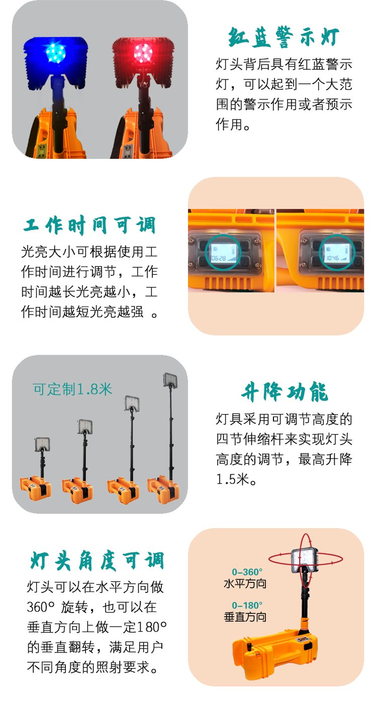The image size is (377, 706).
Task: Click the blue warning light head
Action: pyautogui.click(x=55, y=62)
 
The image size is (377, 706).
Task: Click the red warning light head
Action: pyautogui.click(x=143, y=62)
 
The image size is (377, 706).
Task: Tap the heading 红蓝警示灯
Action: pyautogui.click(x=284, y=37)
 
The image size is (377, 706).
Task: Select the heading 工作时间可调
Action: pyautogui.click(x=89, y=225)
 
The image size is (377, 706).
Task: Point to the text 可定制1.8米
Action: pyautogui.click(x=72, y=389)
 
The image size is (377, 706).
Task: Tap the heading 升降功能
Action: pyautogui.click(x=285, y=392)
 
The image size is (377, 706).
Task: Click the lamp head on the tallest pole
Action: pyautogui.click(x=170, y=380)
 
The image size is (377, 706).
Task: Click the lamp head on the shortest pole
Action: pyautogui.click(x=42, y=444)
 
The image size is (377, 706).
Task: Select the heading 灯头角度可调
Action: pyautogui.click(x=97, y=561)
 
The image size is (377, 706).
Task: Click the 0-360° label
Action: pyautogui.click(x=247, y=572)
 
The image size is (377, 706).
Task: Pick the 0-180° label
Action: pyautogui.click(x=247, y=606)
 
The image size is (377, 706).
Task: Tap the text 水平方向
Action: pyautogui.click(x=245, y=583)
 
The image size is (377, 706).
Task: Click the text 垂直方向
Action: pyautogui.click(x=245, y=617)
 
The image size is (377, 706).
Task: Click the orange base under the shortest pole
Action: pyautogui.click(x=35, y=488)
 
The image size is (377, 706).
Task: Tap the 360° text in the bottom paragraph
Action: pyautogui.click(x=41, y=607)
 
